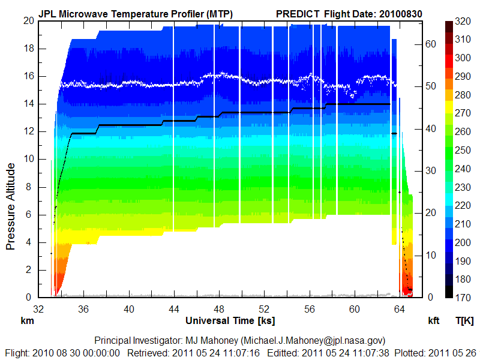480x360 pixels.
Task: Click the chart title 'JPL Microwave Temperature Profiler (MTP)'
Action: click(x=136, y=13)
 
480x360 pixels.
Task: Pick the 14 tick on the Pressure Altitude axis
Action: click(x=28, y=104)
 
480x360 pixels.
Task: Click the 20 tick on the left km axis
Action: click(x=28, y=20)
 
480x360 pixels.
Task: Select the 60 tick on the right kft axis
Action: click(x=431, y=44)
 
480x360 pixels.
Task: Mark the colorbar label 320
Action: click(x=462, y=21)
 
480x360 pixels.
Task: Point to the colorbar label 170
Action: click(x=462, y=297)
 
